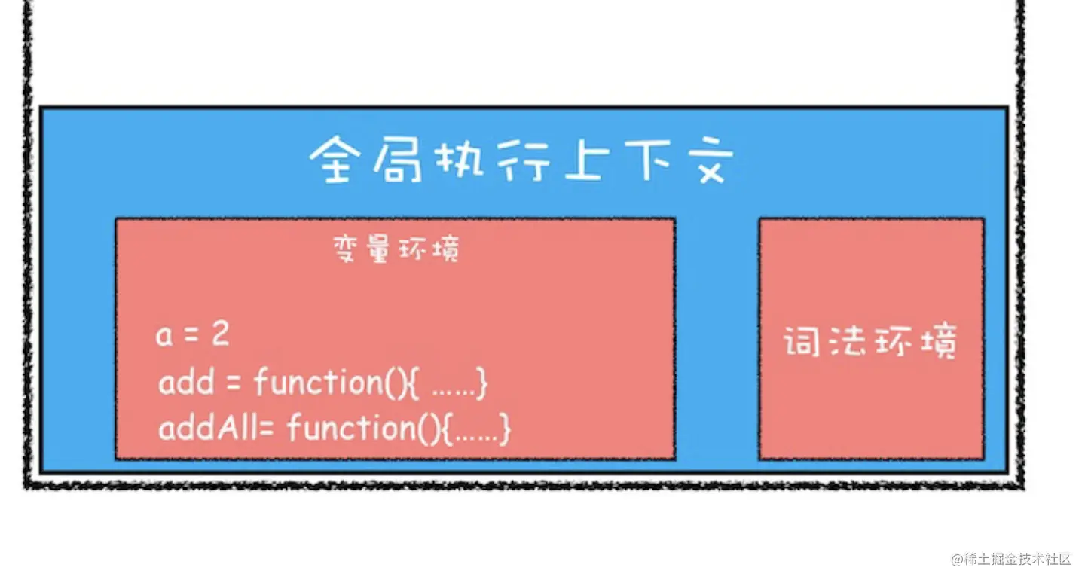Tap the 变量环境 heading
point(396,249)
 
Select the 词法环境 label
point(870,343)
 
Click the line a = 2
point(193,335)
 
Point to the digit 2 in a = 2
point(220,335)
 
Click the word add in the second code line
point(186,383)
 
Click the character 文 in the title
point(708,160)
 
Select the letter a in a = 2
point(164,337)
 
